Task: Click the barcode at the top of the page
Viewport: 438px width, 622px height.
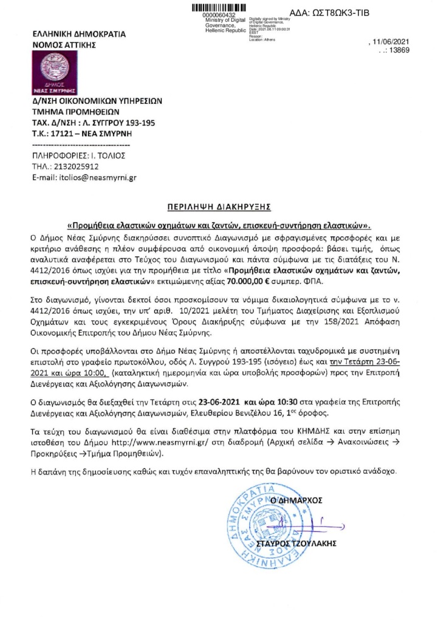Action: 223,7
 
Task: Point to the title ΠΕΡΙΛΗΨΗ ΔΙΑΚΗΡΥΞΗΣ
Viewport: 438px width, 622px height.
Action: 219,207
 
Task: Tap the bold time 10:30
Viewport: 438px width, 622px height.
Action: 297,402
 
